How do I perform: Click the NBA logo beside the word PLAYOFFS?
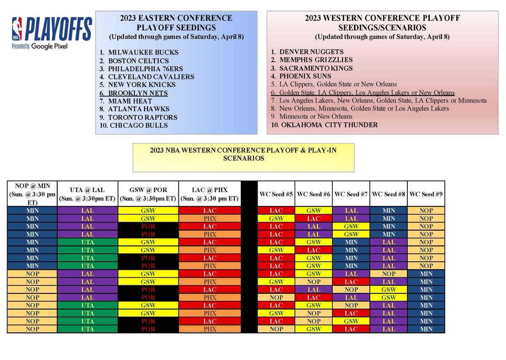point(17,29)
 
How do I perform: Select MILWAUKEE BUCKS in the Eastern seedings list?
point(143,53)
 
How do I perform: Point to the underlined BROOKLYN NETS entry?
point(138,93)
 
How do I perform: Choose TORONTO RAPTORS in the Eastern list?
point(143,118)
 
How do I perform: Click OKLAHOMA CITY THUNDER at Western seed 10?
point(328,125)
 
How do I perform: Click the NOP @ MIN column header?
point(32,193)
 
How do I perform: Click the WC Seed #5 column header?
point(276,194)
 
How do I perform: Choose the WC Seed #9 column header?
point(426,194)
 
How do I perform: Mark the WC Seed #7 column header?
point(351,194)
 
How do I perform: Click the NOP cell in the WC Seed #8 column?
point(388,274)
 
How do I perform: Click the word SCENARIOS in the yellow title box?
point(244,159)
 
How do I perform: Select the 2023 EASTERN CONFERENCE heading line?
point(176,18)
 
